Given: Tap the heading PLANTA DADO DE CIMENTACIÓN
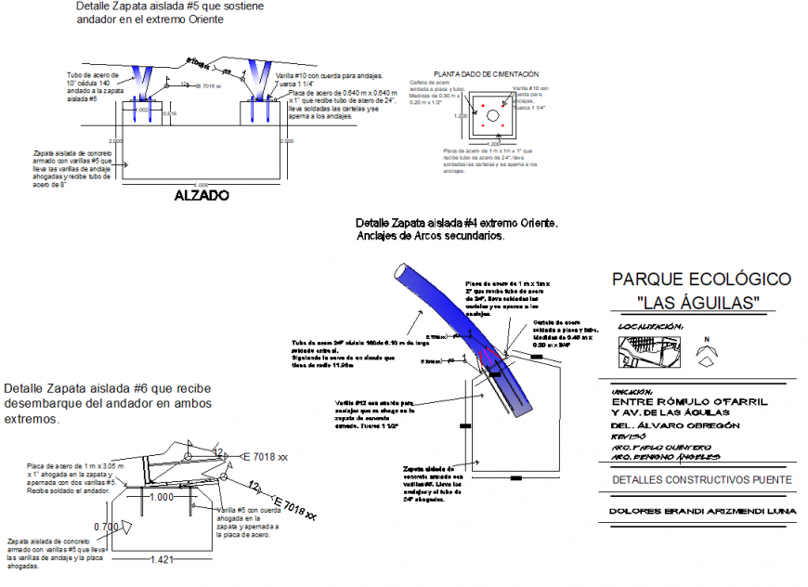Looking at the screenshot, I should click(x=486, y=74).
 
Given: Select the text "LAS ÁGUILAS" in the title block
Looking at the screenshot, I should click(x=701, y=303).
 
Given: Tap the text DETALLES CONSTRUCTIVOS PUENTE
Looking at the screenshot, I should click(x=702, y=480).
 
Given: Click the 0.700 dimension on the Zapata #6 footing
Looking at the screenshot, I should click(x=106, y=527).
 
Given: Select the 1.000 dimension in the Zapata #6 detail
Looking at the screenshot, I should click(x=163, y=497).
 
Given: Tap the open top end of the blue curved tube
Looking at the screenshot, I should click(x=399, y=272).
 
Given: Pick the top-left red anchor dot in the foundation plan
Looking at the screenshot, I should click(x=483, y=104).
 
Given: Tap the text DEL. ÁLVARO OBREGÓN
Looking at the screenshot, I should click(x=674, y=424).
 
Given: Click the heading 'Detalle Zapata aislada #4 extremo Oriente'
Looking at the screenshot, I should click(x=456, y=224).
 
